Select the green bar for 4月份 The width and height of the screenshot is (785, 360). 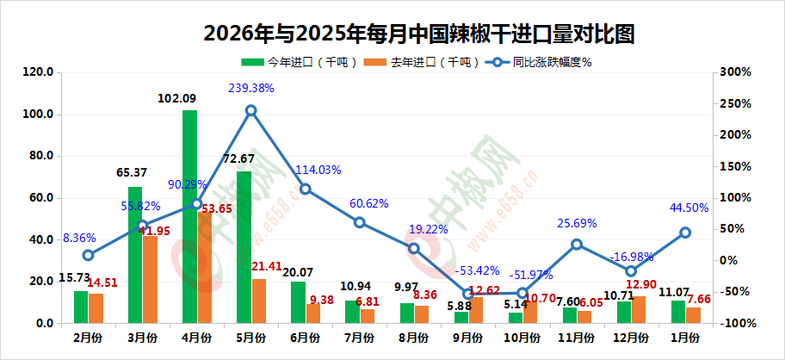click(189, 215)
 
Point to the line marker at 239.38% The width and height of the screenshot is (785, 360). click(250, 110)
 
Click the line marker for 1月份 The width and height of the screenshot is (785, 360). click(685, 233)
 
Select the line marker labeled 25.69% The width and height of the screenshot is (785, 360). click(577, 245)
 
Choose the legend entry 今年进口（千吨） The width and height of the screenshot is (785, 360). click(293, 62)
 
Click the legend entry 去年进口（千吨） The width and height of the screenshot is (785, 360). click(417, 62)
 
